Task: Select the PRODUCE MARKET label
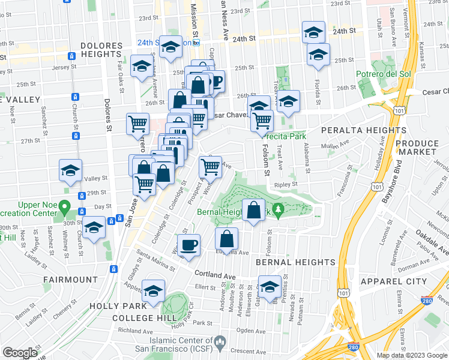(x=417, y=148)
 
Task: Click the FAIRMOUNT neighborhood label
(x=70, y=280)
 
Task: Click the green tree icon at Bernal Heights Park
(x=277, y=209)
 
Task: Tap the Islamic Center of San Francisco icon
(x=220, y=343)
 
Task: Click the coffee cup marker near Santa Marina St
(x=189, y=245)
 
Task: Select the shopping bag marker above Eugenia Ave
(x=226, y=238)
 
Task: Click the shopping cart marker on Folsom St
(x=262, y=121)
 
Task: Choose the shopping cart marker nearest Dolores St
(x=138, y=124)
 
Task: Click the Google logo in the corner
(x=20, y=352)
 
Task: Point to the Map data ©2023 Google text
(x=412, y=355)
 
